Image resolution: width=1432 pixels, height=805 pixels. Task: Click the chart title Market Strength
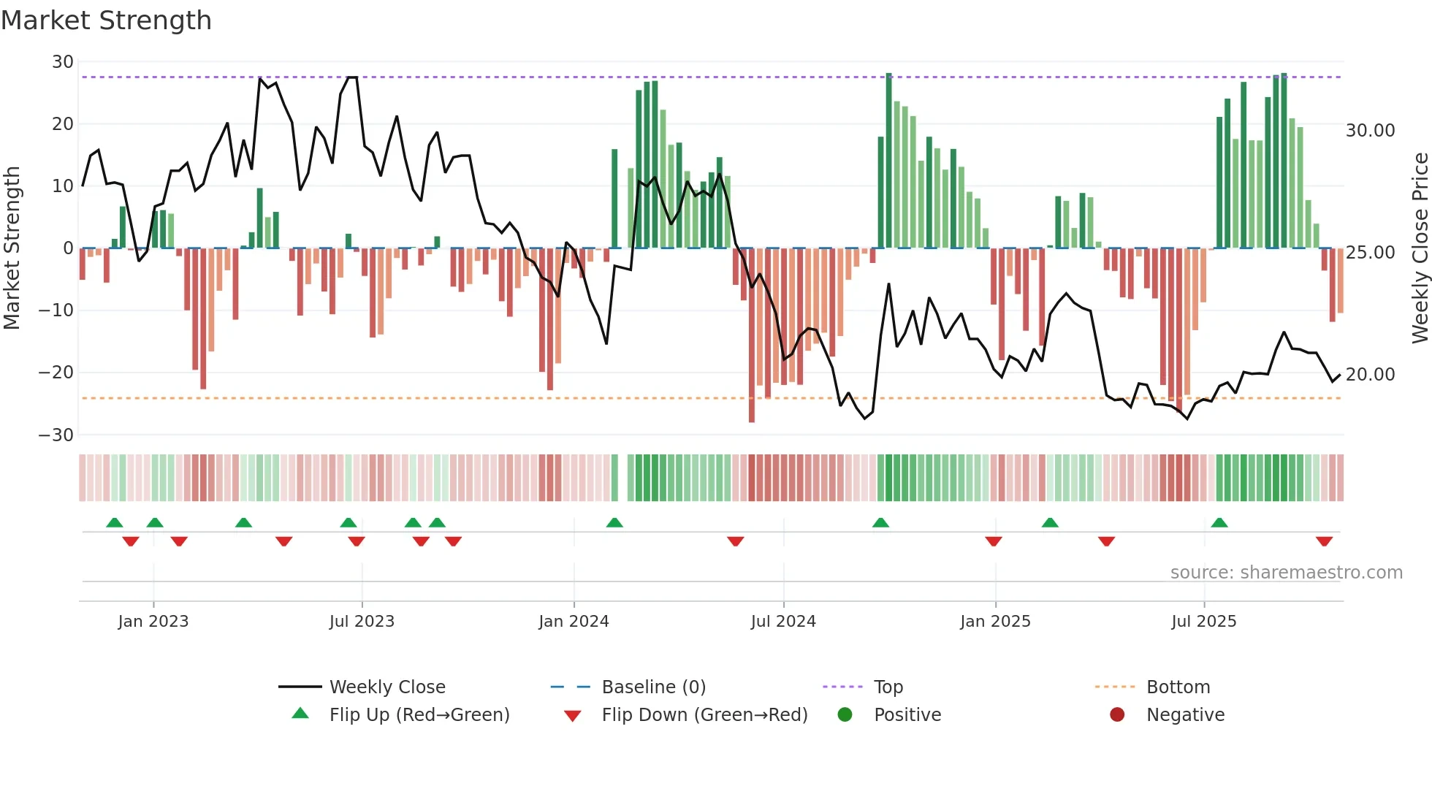click(106, 20)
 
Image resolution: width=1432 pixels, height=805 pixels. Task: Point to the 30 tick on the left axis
click(63, 62)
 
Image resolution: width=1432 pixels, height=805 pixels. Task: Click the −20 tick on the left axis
click(56, 373)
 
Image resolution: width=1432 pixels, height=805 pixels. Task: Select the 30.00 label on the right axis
click(1370, 131)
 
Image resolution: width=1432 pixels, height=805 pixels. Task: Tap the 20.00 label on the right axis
click(1370, 375)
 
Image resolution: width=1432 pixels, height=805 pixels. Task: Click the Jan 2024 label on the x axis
click(574, 622)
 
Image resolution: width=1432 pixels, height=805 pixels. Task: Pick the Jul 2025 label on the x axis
click(1203, 622)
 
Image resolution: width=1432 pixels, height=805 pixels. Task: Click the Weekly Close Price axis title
click(1420, 248)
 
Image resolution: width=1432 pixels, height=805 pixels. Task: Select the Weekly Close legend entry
click(386, 687)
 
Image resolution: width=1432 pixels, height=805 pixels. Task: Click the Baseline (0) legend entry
click(653, 687)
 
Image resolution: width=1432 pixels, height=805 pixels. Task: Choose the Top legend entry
click(888, 687)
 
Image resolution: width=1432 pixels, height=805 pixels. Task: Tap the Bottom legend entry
click(1178, 687)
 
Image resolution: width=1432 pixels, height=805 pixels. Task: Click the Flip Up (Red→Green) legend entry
click(419, 715)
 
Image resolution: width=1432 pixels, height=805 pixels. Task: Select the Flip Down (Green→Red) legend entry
click(704, 715)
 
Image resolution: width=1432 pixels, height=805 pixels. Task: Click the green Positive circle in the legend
click(845, 715)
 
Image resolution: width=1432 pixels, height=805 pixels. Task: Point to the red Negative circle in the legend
click(1117, 715)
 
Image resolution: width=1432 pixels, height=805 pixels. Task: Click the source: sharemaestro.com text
click(1286, 573)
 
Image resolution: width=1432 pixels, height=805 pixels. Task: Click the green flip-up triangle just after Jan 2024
click(614, 522)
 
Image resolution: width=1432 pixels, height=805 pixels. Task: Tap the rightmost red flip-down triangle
click(1324, 541)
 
